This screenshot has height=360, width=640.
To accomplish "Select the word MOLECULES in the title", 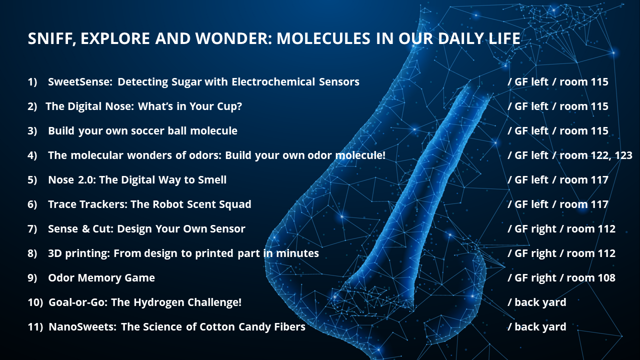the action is pos(323,38).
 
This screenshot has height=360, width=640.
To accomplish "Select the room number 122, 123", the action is pos(610,155).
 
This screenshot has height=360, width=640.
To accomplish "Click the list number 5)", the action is pos(32,180).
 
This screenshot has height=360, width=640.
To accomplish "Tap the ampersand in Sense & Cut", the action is pos(85,229).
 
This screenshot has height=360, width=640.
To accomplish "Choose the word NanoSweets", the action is pos(82,327).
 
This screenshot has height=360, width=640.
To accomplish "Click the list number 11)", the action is pos(35,327).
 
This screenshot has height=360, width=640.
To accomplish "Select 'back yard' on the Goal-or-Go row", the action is pos(540,303).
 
